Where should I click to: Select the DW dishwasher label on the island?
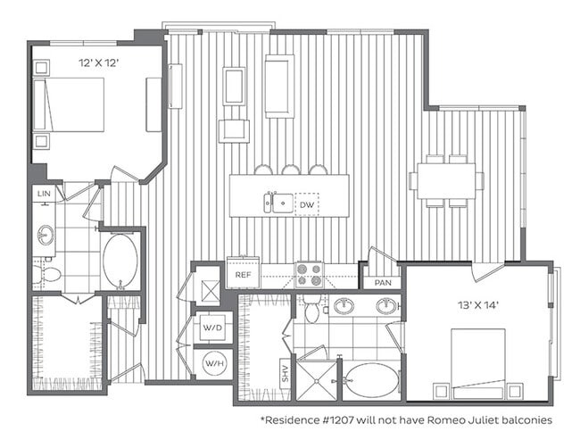(x=307, y=205)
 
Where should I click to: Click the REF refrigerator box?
(x=243, y=274)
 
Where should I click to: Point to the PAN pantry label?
(x=383, y=283)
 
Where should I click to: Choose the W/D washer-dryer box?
(x=213, y=328)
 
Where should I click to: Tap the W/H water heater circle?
(x=213, y=363)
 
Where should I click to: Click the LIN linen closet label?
(x=42, y=193)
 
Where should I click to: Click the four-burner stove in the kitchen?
(x=309, y=271)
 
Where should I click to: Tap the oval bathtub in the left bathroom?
(x=120, y=261)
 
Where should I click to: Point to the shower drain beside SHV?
(x=315, y=377)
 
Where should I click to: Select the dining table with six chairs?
(x=446, y=181)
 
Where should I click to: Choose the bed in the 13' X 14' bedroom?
(x=476, y=361)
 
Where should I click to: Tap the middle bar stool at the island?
(x=291, y=170)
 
